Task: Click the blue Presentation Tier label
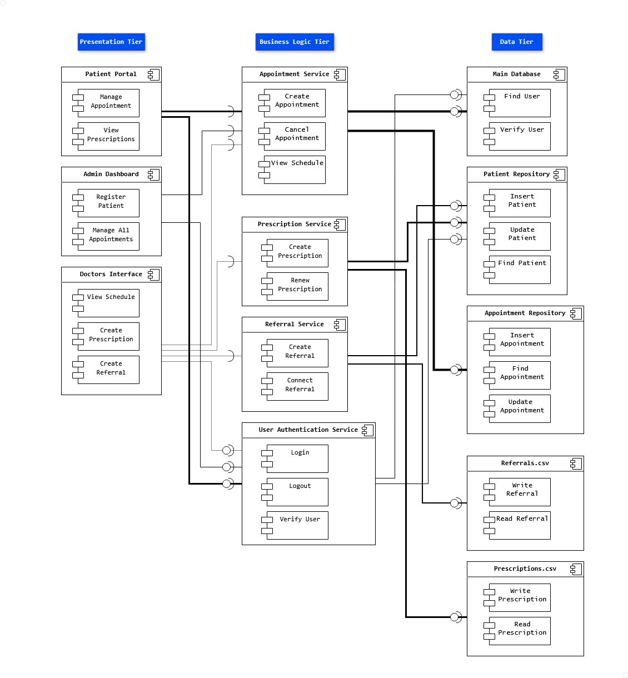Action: click(x=111, y=42)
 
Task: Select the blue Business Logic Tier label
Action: click(x=295, y=42)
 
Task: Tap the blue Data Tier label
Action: click(x=516, y=42)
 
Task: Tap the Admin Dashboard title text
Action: click(x=111, y=174)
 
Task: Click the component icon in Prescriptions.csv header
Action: click(x=576, y=569)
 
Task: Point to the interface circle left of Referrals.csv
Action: click(x=455, y=503)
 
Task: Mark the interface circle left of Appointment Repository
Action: click(x=455, y=370)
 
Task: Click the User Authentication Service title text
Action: click(x=308, y=430)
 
